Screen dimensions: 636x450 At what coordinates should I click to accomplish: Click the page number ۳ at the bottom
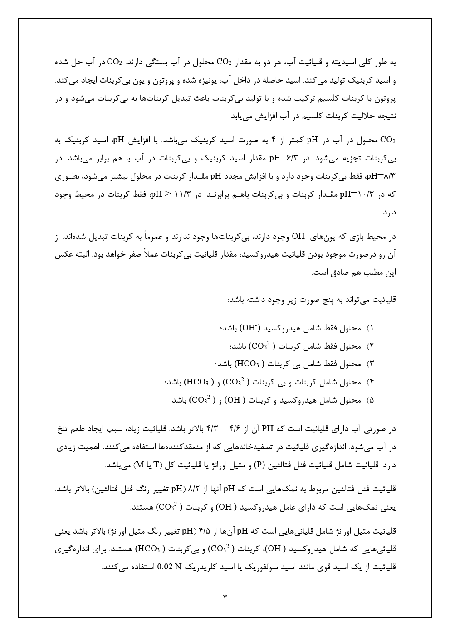[x=225, y=597]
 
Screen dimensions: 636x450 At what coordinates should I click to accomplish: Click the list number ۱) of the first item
[x=369, y=328]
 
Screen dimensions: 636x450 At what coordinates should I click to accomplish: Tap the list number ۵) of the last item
[x=369, y=400]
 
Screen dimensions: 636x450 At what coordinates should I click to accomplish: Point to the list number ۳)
[x=369, y=364]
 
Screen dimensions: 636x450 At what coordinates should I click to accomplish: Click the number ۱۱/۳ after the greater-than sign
[x=185, y=194]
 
